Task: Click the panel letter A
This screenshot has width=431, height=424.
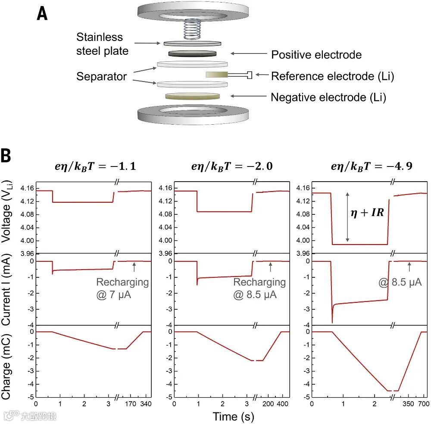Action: pyautogui.click(x=42, y=14)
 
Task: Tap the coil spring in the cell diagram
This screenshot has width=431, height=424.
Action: pyautogui.click(x=192, y=30)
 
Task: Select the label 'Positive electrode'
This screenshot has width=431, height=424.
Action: pyautogui.click(x=316, y=55)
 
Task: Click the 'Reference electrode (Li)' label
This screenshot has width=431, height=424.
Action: pyautogui.click(x=332, y=76)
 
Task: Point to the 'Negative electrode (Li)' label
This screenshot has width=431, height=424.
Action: pyautogui.click(x=328, y=97)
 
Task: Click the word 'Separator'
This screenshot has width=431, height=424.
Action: pyautogui.click(x=102, y=76)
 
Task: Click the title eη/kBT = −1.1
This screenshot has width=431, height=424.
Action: pyautogui.click(x=93, y=166)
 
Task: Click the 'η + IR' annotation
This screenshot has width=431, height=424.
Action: pyautogui.click(x=368, y=213)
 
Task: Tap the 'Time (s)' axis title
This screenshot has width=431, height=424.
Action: pyautogui.click(x=233, y=416)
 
